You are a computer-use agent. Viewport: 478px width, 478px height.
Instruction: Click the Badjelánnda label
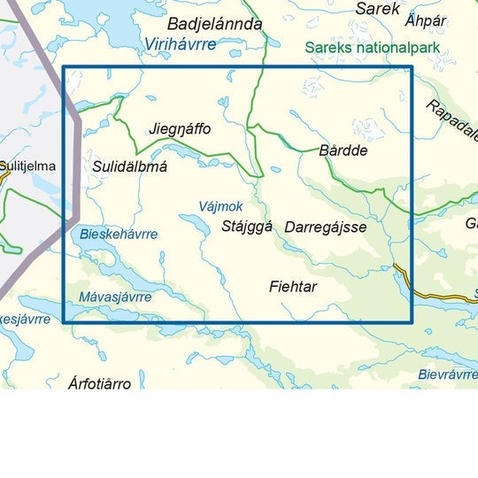[214, 25]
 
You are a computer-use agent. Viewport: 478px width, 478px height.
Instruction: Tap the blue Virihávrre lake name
[180, 44]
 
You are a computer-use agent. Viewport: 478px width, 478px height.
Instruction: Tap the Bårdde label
[343, 150]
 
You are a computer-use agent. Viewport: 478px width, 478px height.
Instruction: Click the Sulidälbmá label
[129, 166]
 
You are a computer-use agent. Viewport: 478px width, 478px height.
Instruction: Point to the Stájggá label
[247, 227]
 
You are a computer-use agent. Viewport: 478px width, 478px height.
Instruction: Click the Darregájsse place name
[326, 227]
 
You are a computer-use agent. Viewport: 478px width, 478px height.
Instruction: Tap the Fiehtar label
[293, 287]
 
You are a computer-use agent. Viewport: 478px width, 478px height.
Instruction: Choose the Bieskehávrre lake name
[119, 235]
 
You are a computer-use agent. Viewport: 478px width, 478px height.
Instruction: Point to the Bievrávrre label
[448, 374]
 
